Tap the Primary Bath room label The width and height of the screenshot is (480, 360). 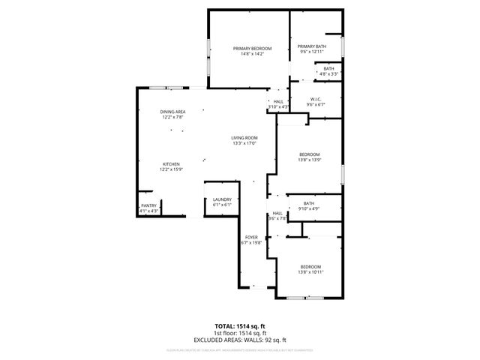[313, 46]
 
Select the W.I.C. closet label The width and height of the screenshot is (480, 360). [316, 99]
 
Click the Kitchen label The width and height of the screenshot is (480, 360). [171, 164]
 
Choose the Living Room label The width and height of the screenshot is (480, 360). [244, 137]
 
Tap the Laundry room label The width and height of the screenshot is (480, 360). [222, 199]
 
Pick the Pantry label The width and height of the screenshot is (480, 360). [149, 205]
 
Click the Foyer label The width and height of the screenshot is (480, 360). [250, 237]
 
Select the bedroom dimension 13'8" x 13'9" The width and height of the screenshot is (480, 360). [310, 159]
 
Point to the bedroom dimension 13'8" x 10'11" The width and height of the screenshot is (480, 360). [310, 272]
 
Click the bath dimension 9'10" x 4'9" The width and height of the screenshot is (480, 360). [309, 208]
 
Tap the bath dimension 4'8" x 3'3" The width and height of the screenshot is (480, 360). [328, 73]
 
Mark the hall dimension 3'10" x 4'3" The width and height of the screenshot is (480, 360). [278, 106]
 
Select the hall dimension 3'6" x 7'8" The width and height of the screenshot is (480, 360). [277, 218]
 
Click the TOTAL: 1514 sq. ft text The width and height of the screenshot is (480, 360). [240, 327]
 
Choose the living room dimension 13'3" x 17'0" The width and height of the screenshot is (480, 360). [244, 142]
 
